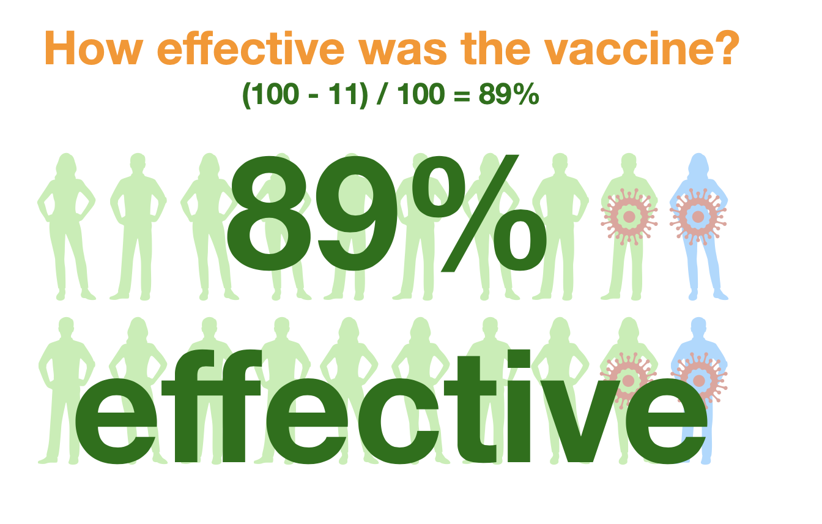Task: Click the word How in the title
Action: (x=94, y=48)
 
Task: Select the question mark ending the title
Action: (x=719, y=48)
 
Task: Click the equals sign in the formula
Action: (x=462, y=96)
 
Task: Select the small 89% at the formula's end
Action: (x=509, y=94)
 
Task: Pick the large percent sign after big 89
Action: (x=480, y=214)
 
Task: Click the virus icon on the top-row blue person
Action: (x=698, y=217)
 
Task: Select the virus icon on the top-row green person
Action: (x=629, y=217)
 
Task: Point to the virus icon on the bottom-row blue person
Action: (x=698, y=380)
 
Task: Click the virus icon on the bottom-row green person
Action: (x=628, y=380)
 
